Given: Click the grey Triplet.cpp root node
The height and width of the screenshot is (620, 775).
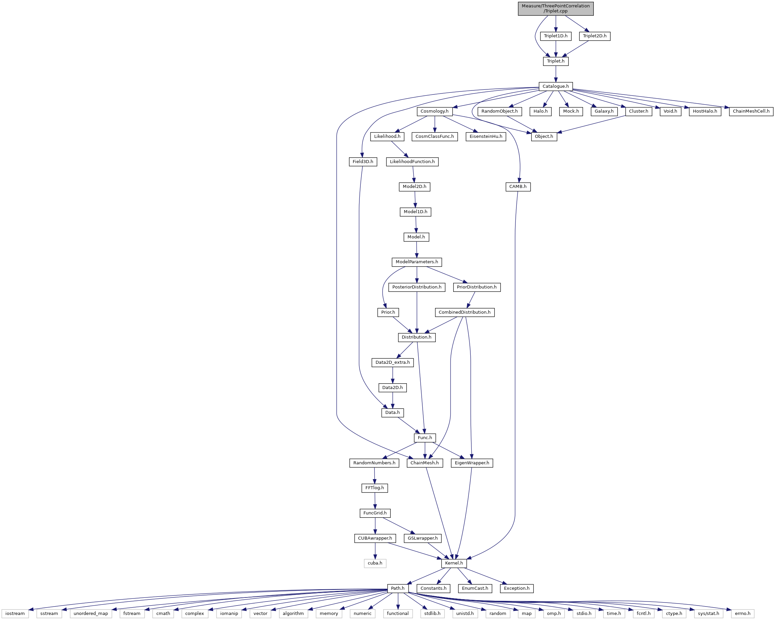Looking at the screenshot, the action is pos(555,9).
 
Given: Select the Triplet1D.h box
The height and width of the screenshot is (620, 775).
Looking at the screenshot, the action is pos(555,36).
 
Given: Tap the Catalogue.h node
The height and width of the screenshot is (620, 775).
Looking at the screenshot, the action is pos(555,86).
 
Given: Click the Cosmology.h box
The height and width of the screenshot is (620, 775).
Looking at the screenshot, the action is pos(435,111).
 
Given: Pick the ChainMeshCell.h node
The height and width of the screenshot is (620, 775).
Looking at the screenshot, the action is pos(751,111).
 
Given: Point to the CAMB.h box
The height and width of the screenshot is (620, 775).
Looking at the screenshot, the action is pos(518,187).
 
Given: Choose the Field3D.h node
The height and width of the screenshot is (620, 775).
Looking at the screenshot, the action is pos(363,162).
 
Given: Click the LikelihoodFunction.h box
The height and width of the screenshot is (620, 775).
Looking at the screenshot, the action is pos(412,162).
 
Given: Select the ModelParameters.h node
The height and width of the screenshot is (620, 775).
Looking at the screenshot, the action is pos(417,262).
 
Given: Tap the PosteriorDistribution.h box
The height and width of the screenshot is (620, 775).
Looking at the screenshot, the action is pos(417,287).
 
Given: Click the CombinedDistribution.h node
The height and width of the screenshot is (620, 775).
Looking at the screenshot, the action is pos(464,312).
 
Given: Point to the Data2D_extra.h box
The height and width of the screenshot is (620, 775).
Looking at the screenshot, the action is pos(392,362).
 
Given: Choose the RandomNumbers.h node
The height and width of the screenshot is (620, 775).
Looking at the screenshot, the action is pos(374,463).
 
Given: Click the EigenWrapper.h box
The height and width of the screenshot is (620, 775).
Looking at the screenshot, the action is pos(472,463).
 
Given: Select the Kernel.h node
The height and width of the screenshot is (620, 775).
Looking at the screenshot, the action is pos(454,563).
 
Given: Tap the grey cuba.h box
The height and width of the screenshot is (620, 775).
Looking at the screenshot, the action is pos(375,563).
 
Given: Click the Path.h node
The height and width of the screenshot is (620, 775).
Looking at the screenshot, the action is pos(397,588).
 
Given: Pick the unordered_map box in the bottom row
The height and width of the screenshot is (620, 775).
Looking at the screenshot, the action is pos(90,614).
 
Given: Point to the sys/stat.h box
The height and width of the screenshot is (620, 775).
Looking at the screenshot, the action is pos(708,614).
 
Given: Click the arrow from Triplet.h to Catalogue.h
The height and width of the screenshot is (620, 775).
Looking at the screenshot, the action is pos(556,74).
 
